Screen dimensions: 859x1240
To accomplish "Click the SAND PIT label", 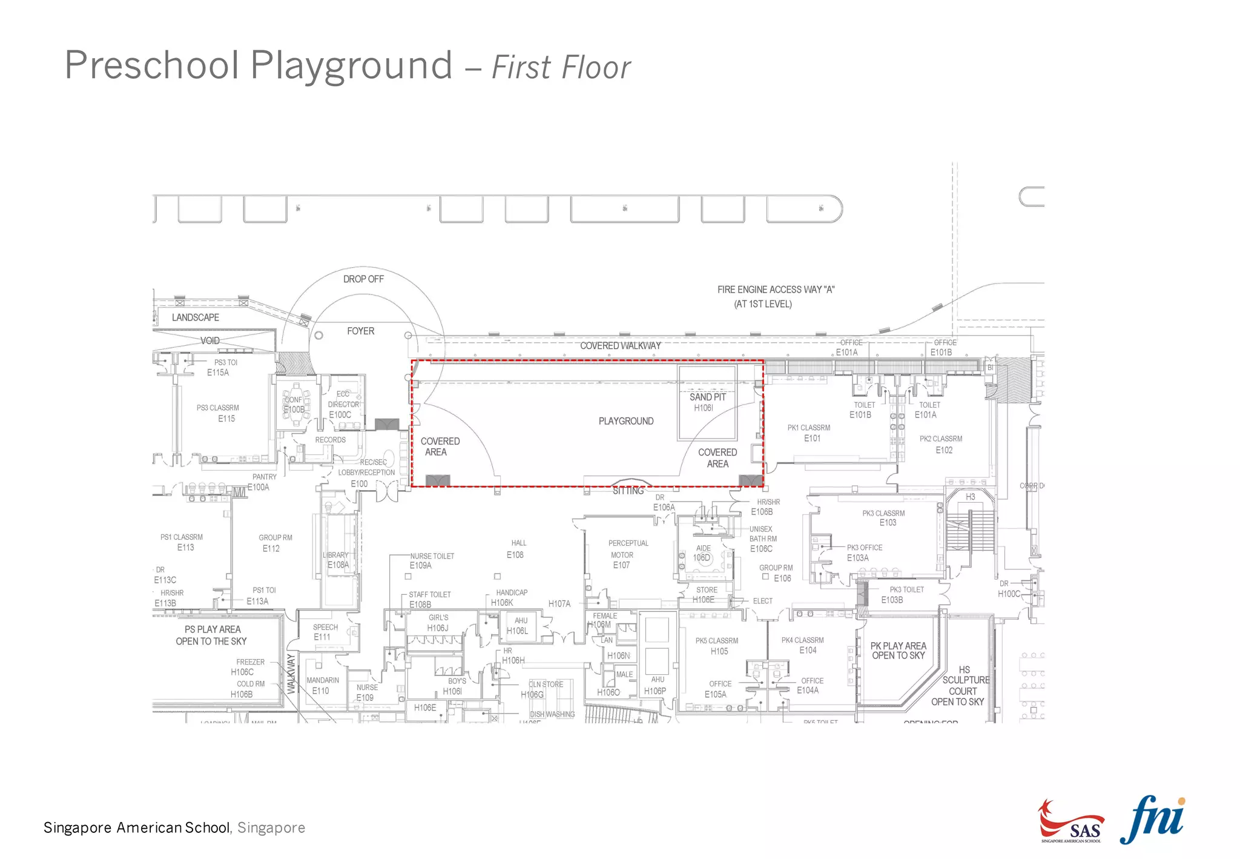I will click(707, 397).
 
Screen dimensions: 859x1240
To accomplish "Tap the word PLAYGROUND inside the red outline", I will click(626, 421).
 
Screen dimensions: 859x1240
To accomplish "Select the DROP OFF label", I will click(363, 279).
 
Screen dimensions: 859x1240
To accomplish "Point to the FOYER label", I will click(360, 331).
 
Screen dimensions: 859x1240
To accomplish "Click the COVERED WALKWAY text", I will click(620, 346).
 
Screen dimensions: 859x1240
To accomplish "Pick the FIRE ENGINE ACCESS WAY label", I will click(776, 290).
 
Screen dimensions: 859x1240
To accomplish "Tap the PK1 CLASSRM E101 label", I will click(809, 433).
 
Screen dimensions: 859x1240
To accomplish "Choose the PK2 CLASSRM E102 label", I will click(941, 444).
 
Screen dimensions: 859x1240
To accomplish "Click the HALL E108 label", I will click(517, 549).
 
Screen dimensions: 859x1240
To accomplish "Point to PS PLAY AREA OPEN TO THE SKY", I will click(212, 635).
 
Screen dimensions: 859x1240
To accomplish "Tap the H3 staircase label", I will click(970, 497).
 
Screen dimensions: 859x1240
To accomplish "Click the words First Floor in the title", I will click(561, 67).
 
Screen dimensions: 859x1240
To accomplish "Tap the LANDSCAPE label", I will click(195, 317).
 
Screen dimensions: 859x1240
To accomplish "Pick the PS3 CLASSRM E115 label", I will click(219, 413).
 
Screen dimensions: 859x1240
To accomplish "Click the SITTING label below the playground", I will click(628, 491).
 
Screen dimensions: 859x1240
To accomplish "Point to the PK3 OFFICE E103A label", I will click(863, 552).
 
